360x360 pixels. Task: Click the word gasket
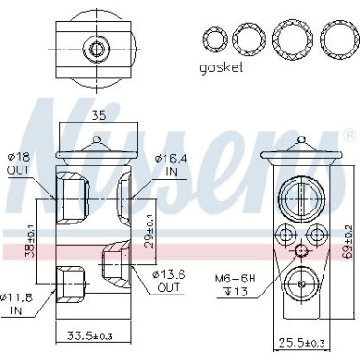[x=221, y=69]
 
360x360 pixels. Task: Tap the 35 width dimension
[x=99, y=117]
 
